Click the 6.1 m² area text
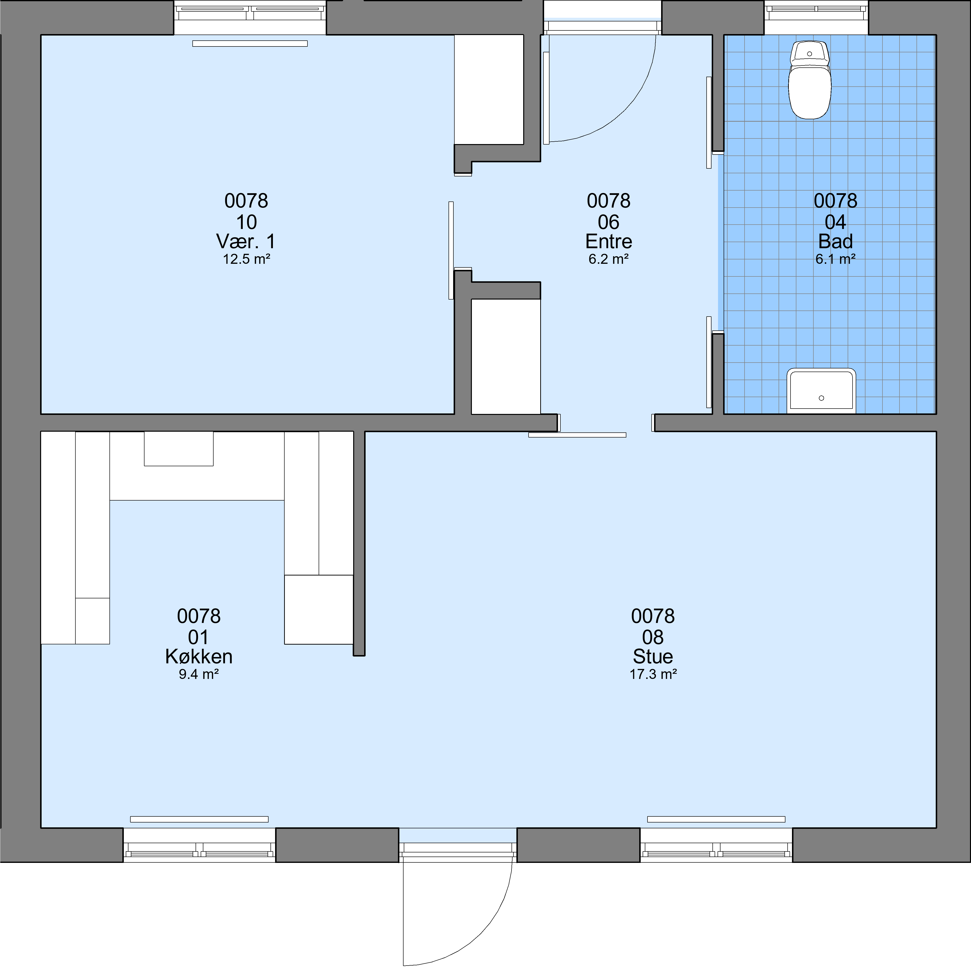(x=835, y=259)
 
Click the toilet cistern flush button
(x=809, y=53)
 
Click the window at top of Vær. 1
(x=250, y=18)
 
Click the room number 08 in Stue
(x=653, y=637)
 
